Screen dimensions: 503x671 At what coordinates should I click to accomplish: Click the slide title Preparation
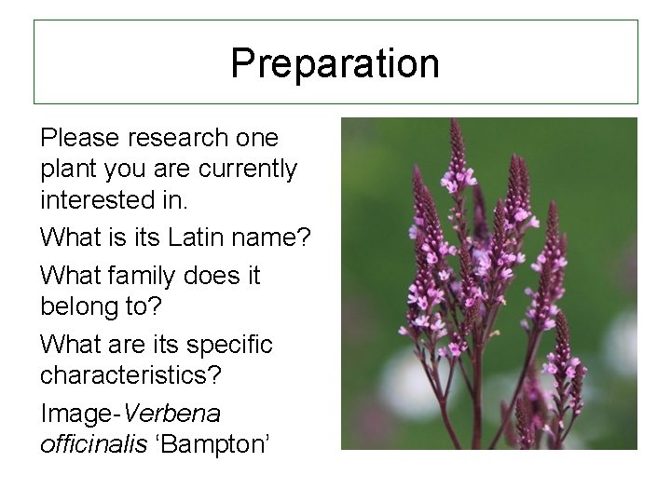click(x=335, y=63)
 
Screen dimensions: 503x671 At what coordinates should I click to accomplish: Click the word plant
click(x=63, y=170)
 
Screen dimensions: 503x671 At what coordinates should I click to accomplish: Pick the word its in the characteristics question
click(x=162, y=346)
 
